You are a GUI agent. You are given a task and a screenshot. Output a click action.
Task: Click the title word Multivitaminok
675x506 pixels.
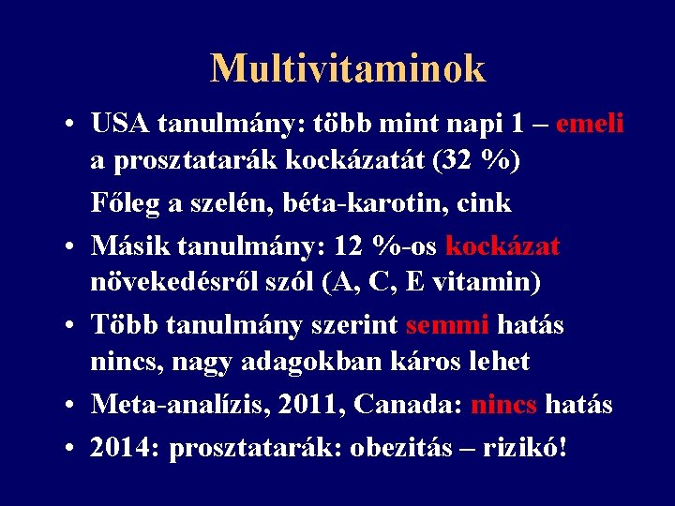tap(348, 68)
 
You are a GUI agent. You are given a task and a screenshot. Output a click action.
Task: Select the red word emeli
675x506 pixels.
tap(591, 124)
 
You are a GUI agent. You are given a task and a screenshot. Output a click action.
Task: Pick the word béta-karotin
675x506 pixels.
tap(360, 202)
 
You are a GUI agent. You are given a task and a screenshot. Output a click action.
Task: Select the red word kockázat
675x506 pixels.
tap(502, 246)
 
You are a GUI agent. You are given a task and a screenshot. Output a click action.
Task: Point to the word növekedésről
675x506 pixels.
tap(167, 281)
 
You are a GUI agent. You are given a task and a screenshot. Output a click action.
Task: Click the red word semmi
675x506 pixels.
tap(448, 325)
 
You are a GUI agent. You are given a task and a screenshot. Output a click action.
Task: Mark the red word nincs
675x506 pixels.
tap(504, 405)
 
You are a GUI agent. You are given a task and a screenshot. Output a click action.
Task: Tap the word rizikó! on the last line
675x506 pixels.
tap(525, 448)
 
